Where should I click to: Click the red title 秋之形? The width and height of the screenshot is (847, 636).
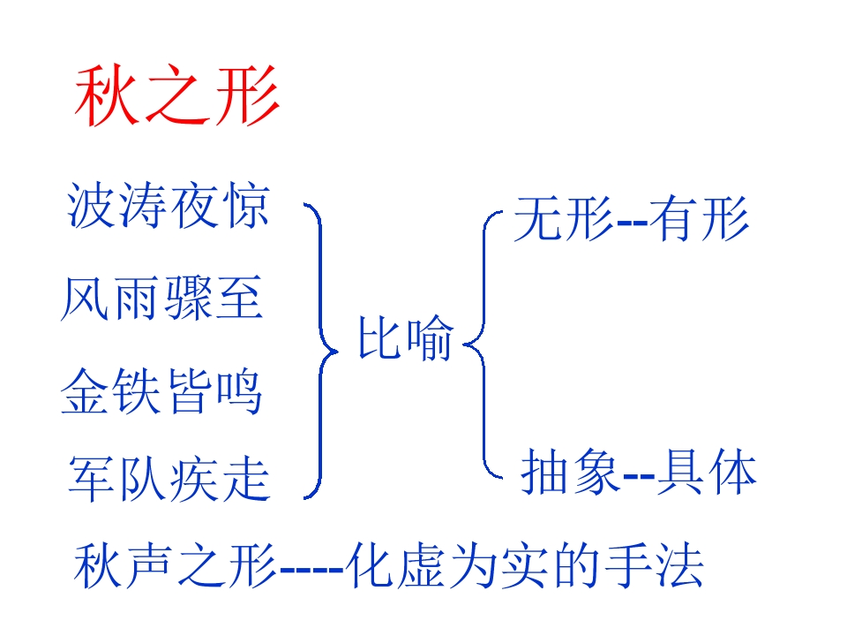point(176,95)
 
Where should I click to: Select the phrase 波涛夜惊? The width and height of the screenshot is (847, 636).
point(168,206)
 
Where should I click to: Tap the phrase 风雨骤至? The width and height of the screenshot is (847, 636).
point(162,298)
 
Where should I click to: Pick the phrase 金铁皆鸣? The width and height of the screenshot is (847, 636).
point(161,391)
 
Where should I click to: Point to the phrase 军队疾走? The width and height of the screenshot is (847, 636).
point(169,479)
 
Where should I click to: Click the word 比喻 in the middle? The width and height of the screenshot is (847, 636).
point(406,338)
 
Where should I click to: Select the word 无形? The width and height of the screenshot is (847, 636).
point(564,218)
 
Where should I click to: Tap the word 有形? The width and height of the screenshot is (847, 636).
point(699,218)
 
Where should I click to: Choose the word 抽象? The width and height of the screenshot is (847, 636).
point(571,473)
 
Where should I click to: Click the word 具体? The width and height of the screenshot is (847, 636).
point(706,473)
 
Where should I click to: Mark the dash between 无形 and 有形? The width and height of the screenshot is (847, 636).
point(632,223)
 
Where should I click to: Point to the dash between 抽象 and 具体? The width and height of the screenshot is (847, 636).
point(639,476)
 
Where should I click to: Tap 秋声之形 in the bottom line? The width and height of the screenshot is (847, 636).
point(176,565)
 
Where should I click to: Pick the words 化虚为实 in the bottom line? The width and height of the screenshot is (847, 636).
point(446,565)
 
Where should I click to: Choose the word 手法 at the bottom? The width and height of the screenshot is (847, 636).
point(654,565)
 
